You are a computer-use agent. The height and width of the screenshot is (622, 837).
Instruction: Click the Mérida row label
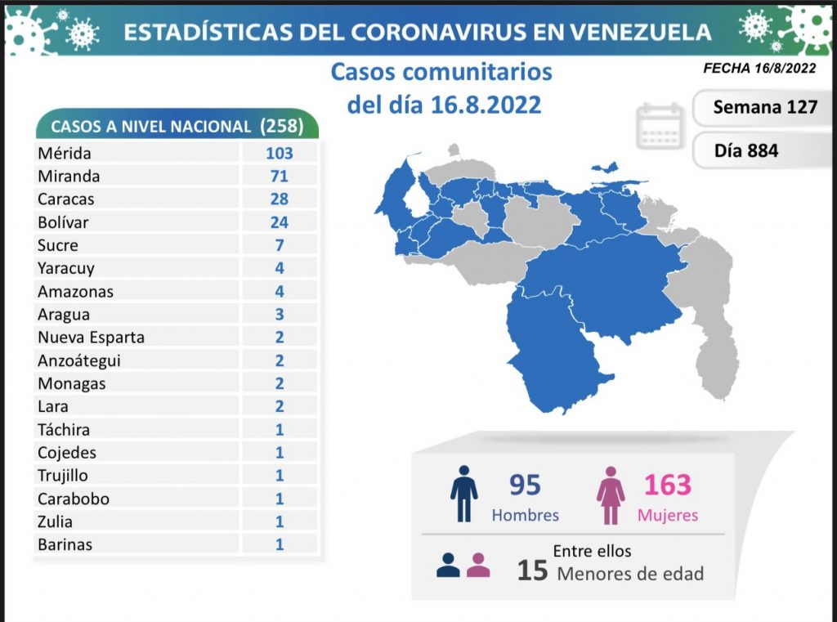(65, 153)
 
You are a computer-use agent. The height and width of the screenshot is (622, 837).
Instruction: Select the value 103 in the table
(280, 153)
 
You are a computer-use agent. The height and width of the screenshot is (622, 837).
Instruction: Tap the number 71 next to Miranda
(280, 176)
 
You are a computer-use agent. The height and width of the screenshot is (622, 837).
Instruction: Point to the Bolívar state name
(63, 222)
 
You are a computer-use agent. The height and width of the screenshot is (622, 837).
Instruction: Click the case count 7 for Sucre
(280, 245)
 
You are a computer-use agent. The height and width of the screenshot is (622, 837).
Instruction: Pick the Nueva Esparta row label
(91, 337)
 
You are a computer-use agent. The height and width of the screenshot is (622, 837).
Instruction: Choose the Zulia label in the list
(55, 521)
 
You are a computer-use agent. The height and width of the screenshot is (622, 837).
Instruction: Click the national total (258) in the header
(281, 126)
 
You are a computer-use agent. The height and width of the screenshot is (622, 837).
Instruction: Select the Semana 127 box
(764, 107)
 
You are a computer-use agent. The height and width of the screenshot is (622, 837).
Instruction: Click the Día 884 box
(745, 150)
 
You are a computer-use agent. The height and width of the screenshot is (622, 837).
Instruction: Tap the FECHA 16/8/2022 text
(759, 69)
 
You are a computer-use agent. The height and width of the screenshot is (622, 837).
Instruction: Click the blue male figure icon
(463, 494)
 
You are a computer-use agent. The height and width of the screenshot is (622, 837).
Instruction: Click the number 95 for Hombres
(525, 485)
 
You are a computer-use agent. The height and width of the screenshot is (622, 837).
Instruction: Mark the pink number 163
(667, 485)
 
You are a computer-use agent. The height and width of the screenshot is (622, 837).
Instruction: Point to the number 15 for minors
(532, 570)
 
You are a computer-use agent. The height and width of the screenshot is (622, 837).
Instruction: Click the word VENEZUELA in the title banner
(639, 32)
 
